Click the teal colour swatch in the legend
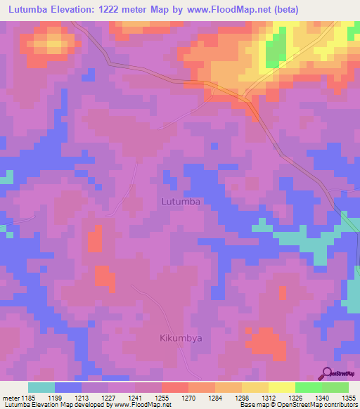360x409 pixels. [x=41, y=387]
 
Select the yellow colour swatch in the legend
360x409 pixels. [x=281, y=387]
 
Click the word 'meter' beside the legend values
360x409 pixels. [x=12, y=397]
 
